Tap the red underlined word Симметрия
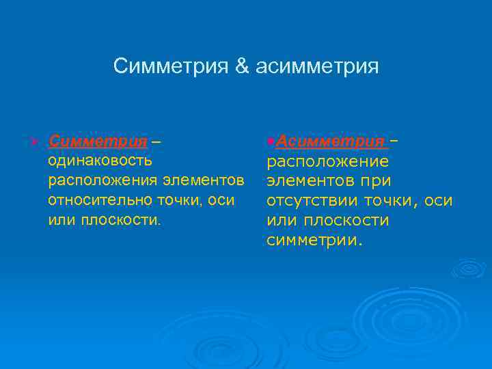pos(98,141)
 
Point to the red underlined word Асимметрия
pos(330,141)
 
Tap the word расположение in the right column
pos(327,162)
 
